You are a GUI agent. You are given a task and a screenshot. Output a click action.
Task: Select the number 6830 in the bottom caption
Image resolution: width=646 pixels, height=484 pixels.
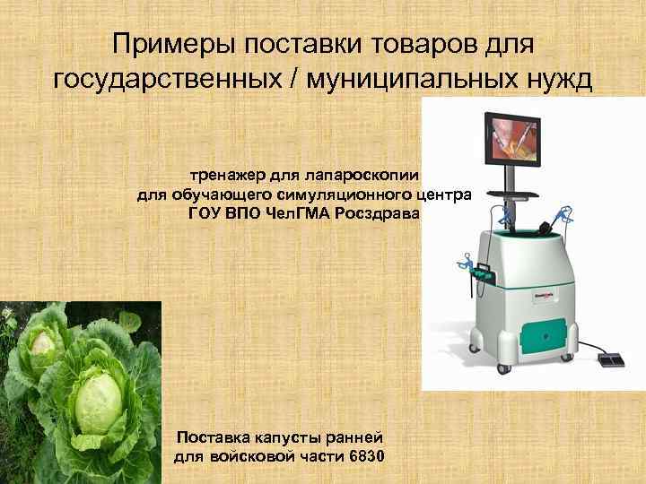pyautogui.click(x=362, y=457)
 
